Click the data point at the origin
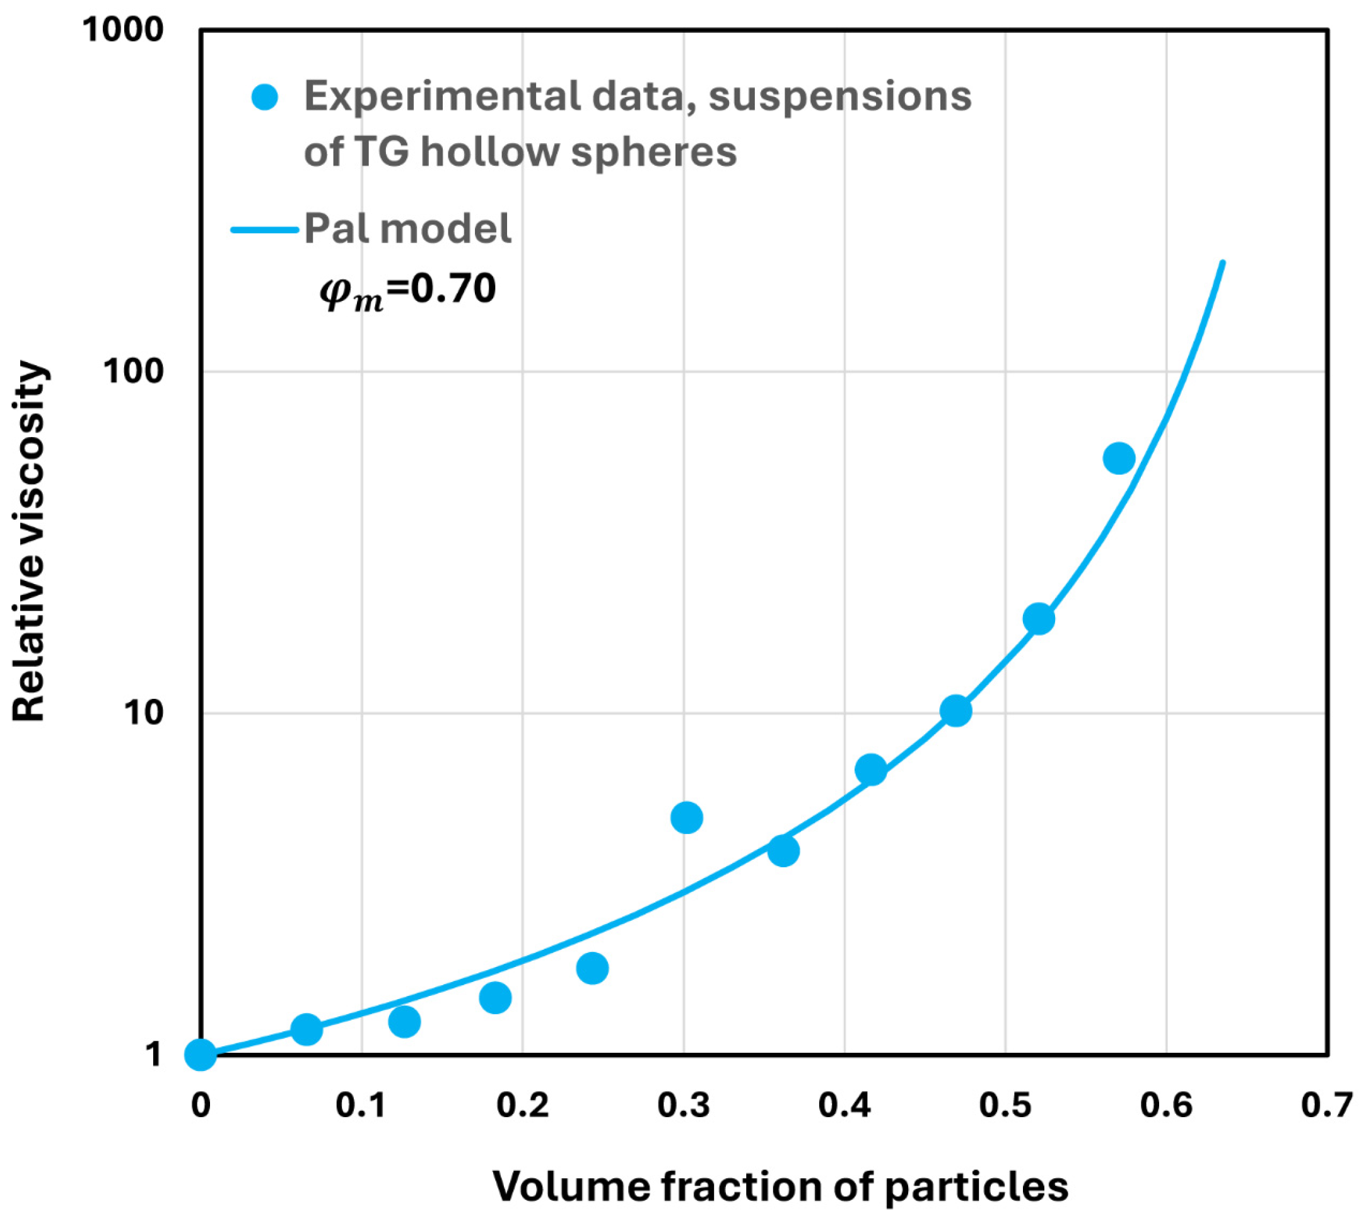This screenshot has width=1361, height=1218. pyautogui.click(x=200, y=1055)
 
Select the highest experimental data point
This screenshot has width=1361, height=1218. pyautogui.click(x=1119, y=459)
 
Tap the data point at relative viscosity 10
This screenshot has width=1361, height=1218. pyautogui.click(x=955, y=711)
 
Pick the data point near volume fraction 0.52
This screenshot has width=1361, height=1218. pyautogui.click(x=1039, y=618)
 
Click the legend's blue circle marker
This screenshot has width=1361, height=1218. pyautogui.click(x=265, y=98)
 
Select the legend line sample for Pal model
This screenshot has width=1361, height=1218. pyautogui.click(x=265, y=230)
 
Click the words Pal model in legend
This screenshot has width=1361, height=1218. pyautogui.click(x=407, y=230)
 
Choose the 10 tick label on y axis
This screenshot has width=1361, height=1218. pyautogui.click(x=143, y=713)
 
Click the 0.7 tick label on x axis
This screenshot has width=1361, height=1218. pyautogui.click(x=1326, y=1106)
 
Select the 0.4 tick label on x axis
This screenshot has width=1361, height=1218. pyautogui.click(x=844, y=1106)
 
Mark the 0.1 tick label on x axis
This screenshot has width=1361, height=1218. pyautogui.click(x=361, y=1106)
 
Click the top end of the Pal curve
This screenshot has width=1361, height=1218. pyautogui.click(x=1223, y=262)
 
